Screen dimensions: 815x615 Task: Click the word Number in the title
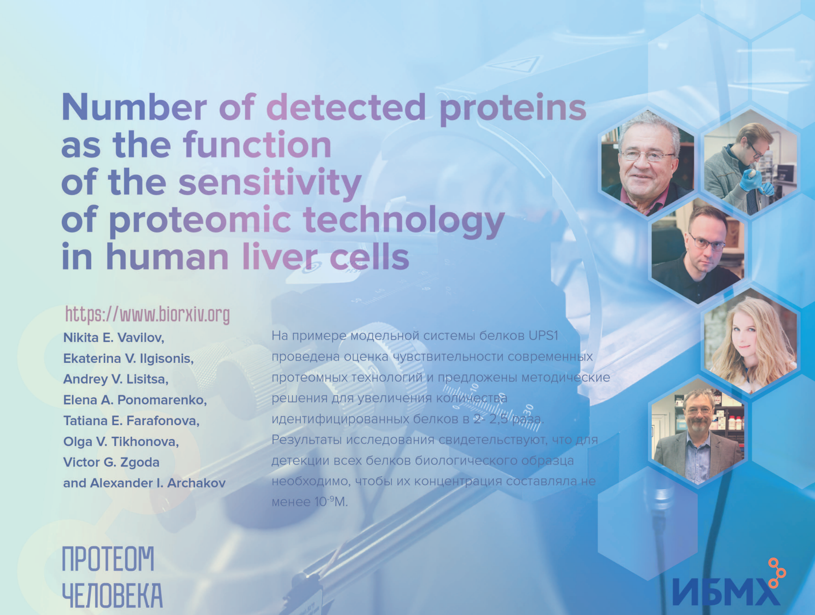tap(134, 107)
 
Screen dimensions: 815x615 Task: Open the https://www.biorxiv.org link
tap(147, 315)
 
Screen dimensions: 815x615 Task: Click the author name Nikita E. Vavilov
tap(113, 338)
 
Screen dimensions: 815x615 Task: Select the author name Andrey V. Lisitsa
tap(116, 379)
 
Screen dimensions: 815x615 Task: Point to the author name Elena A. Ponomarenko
tap(135, 400)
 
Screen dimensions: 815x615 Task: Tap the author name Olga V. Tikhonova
tap(121, 442)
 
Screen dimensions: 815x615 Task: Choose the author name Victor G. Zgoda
tap(111, 462)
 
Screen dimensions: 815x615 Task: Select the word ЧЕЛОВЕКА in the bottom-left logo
tap(112, 595)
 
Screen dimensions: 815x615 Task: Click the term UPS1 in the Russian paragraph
tap(543, 336)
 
